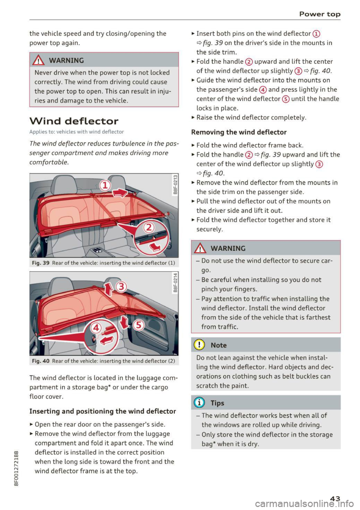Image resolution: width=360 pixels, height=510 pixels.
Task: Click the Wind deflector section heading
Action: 74,121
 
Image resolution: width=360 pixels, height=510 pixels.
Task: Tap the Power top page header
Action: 319,14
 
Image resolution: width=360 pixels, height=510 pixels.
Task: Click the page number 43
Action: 335,498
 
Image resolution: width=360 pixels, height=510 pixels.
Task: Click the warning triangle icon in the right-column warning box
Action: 201,248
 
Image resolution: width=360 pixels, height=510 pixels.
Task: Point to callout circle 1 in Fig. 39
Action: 105,185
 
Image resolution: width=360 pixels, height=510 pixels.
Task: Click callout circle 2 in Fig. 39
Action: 149,227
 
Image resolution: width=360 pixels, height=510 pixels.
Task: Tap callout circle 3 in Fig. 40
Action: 121,287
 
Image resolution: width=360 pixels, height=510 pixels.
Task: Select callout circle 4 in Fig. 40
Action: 96,328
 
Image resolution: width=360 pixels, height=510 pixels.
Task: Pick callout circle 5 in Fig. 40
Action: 138,325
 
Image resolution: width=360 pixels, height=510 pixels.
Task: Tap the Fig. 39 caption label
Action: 40,263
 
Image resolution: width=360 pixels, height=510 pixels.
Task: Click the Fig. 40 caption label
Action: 40,361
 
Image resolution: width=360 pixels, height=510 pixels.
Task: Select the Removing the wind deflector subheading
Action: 238,132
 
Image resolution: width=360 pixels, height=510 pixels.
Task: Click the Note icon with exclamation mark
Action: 199,345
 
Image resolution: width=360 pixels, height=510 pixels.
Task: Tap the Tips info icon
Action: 199,403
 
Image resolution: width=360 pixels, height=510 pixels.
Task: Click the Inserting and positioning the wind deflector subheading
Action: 102,411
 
